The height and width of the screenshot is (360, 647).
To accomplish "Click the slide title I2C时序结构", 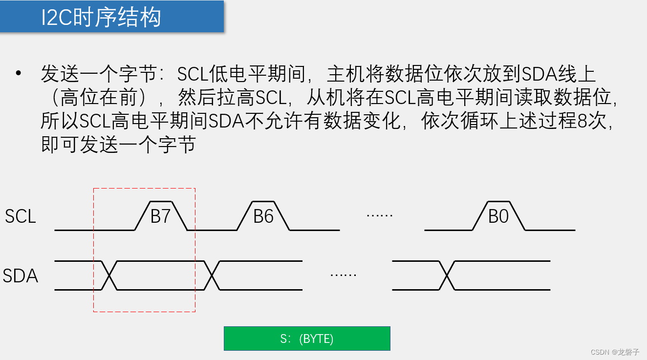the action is pyautogui.click(x=101, y=18).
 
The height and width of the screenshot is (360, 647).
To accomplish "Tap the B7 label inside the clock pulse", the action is pyautogui.click(x=160, y=216).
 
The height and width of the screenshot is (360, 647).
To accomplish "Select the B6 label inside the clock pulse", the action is pyautogui.click(x=263, y=216).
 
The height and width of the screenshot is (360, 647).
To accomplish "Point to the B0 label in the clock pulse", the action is pyautogui.click(x=498, y=216).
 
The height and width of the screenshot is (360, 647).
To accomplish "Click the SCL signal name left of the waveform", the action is pyautogui.click(x=21, y=216).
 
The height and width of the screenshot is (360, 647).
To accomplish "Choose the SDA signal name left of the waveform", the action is pyautogui.click(x=21, y=276).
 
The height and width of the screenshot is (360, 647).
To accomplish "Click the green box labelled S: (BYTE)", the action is pyautogui.click(x=307, y=339).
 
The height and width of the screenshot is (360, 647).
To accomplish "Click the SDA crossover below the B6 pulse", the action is pyautogui.click(x=212, y=275).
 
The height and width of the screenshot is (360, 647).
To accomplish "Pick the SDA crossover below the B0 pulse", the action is pyautogui.click(x=447, y=275).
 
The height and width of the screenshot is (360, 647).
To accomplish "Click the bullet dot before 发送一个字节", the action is pyautogui.click(x=19, y=73).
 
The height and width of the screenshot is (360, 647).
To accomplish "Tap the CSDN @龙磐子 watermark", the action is pyautogui.click(x=615, y=352).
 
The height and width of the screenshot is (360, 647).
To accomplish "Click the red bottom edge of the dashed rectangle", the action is pyautogui.click(x=144, y=311).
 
